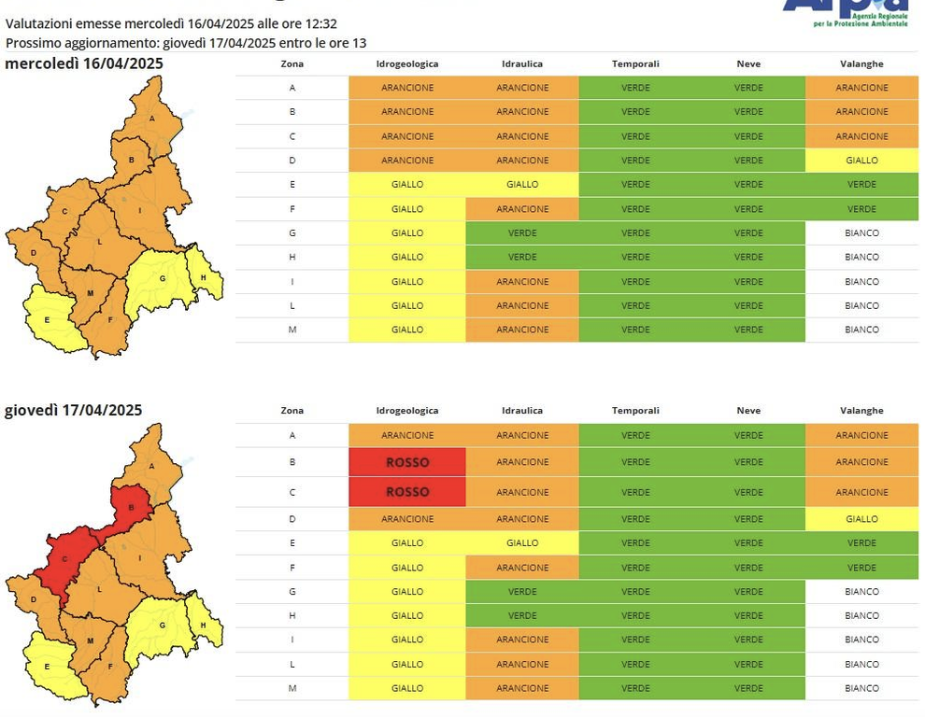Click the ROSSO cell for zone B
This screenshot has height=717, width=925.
[407, 462]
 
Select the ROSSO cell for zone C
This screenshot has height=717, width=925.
[407, 492]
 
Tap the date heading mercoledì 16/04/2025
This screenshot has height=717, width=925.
[84, 63]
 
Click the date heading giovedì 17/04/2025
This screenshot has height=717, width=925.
[74, 410]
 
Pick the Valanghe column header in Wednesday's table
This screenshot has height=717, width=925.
[861, 63]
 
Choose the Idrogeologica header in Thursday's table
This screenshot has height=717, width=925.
[407, 411]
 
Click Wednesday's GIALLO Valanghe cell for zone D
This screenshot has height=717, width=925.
[861, 161]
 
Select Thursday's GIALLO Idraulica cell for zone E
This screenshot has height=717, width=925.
[522, 542]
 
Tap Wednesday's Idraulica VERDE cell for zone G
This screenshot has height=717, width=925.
[522, 232]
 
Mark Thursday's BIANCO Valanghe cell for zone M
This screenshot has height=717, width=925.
[861, 688]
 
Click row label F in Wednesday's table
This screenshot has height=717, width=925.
[292, 209]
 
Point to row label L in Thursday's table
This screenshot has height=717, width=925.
[292, 664]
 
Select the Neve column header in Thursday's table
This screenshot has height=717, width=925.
[748, 411]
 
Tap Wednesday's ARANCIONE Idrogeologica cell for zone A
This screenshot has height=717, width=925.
[407, 88]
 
